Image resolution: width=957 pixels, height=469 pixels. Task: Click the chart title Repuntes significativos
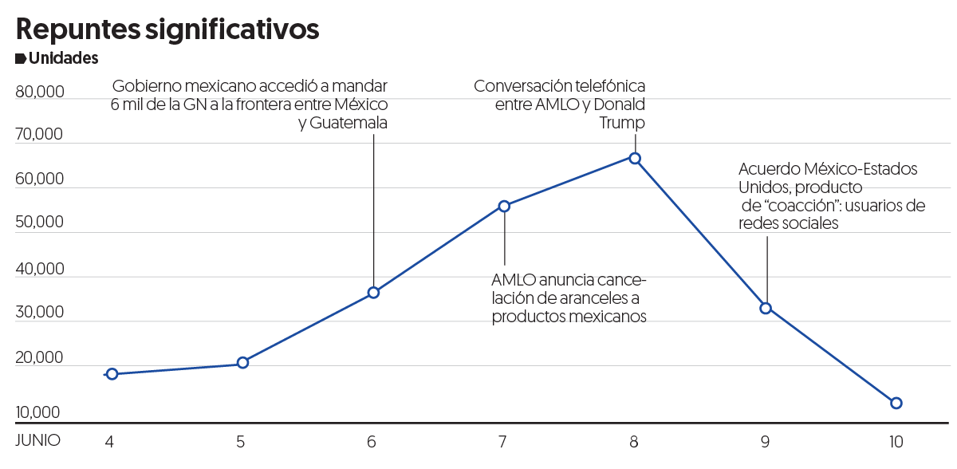[x=167, y=29]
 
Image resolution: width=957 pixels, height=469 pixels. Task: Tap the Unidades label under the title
[x=63, y=58]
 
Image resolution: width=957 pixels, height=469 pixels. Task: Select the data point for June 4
[x=112, y=374]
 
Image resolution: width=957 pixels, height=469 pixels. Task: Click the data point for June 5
[x=242, y=363]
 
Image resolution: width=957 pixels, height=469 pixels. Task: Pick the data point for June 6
[x=373, y=293]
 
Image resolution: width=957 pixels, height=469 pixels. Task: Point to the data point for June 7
[x=504, y=206]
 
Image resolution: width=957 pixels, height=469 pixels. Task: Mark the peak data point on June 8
[x=635, y=158]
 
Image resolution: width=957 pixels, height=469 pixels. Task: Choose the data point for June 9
[x=766, y=308]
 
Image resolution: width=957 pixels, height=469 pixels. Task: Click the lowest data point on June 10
[x=896, y=403]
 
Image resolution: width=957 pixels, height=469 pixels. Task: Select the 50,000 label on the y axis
[x=40, y=223]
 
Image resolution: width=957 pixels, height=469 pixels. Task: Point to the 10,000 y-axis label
[x=37, y=413]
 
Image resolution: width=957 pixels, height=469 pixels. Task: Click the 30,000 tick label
[x=40, y=313]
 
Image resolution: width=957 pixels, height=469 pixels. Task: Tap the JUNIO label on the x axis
[x=37, y=440]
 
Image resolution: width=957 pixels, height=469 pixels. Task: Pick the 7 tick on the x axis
[x=502, y=441]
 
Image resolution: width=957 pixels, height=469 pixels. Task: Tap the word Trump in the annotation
[x=622, y=124]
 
